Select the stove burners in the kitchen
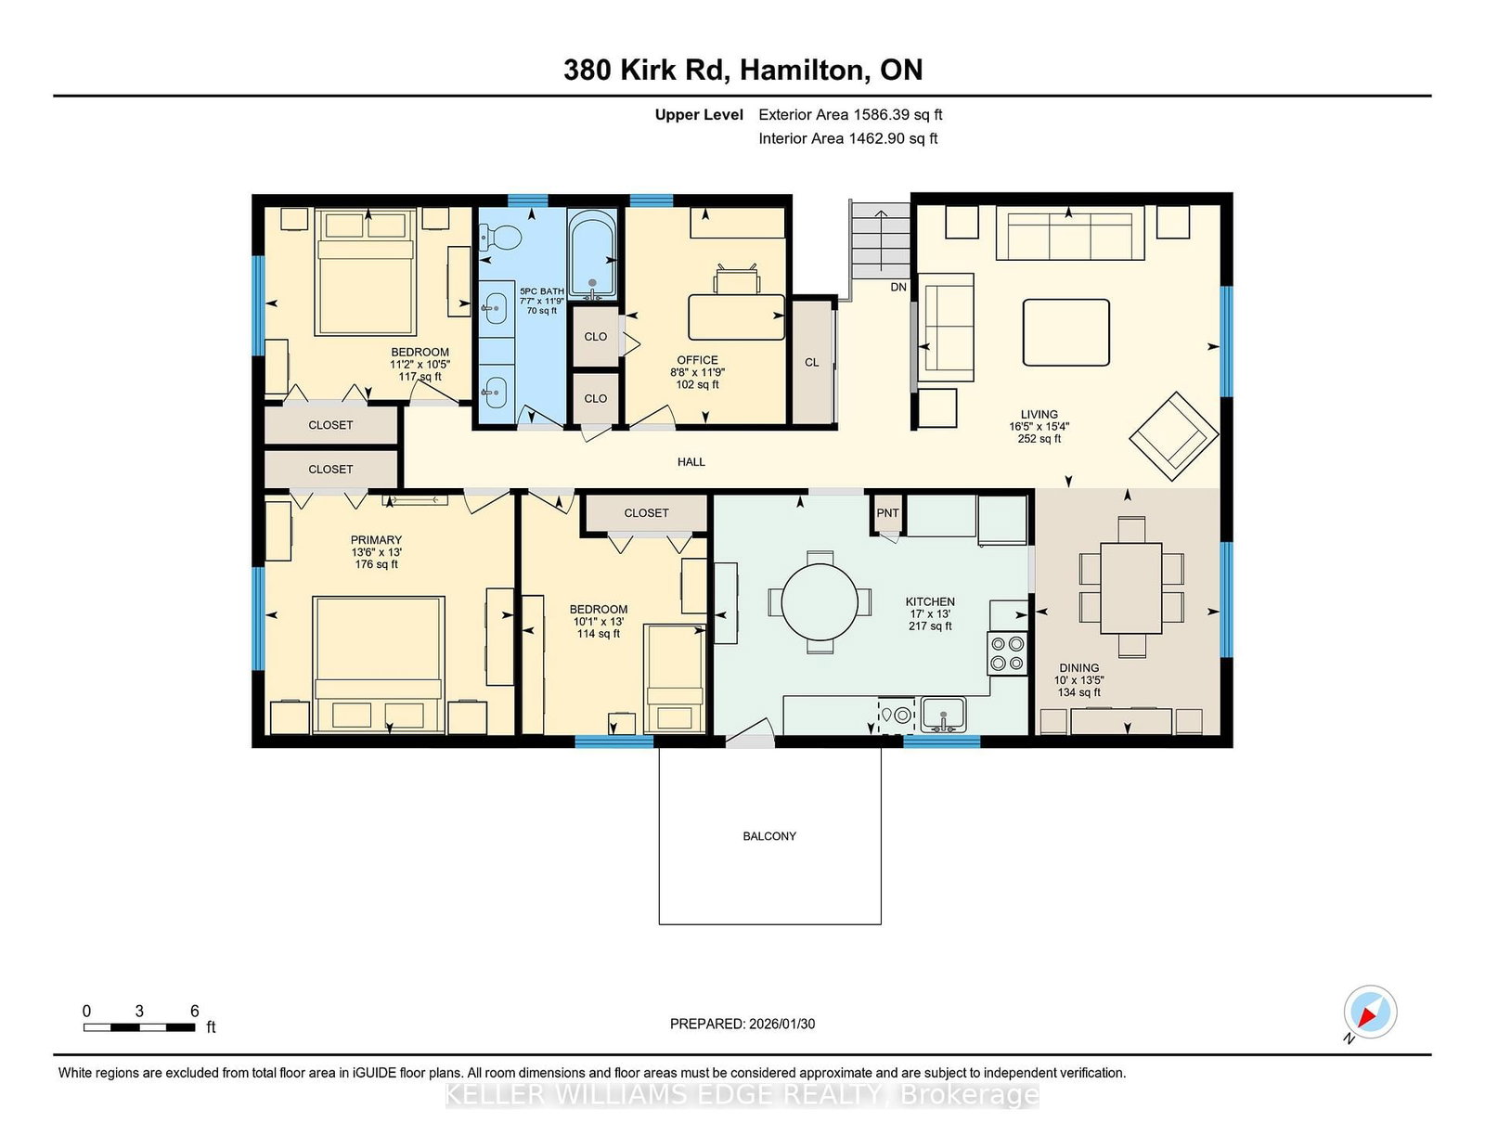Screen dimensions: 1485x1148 tap(1008, 653)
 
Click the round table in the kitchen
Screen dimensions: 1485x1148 tap(820, 602)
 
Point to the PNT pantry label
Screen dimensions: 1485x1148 tap(887, 512)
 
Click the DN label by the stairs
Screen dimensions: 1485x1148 tap(898, 287)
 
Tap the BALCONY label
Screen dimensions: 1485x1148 tap(769, 836)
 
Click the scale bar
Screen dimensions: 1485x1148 tap(139, 1027)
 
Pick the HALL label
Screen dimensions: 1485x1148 tap(691, 462)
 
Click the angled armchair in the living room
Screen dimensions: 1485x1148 tap(1173, 437)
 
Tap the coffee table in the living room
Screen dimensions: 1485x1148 tap(1065, 332)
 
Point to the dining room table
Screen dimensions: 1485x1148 tap(1131, 588)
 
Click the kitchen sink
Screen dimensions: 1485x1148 tap(943, 714)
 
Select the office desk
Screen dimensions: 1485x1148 tap(736, 316)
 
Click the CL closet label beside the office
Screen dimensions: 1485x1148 tap(812, 362)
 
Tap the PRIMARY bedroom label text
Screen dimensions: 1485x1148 tap(376, 540)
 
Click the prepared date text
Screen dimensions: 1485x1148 tap(742, 1024)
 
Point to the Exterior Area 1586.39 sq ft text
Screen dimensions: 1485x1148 tap(850, 115)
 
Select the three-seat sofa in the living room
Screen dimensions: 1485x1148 tap(1070, 234)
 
